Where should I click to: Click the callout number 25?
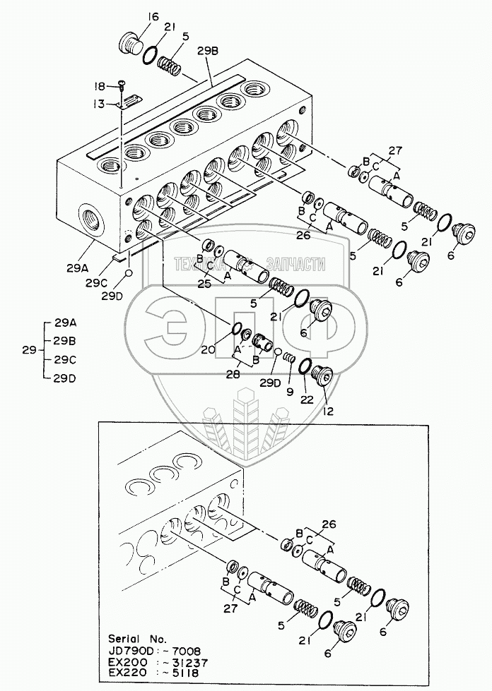205,284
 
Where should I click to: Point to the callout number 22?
305,399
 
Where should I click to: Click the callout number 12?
327,410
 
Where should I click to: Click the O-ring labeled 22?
306,367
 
